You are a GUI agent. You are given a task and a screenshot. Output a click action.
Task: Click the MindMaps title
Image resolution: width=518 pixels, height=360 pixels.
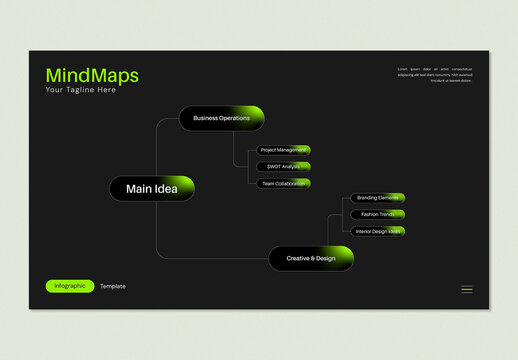[x=92, y=76]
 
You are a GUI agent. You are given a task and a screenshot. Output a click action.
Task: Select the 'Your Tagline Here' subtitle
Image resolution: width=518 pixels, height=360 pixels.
[x=81, y=90]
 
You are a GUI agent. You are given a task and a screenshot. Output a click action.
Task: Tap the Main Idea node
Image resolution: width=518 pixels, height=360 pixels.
[x=152, y=188]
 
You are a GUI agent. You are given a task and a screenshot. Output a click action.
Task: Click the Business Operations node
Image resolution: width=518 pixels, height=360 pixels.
[x=221, y=118]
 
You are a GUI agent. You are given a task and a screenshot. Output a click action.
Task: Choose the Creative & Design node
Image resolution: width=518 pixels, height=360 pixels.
[x=311, y=258]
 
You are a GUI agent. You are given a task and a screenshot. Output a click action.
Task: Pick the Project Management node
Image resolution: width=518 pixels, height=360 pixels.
[x=283, y=150]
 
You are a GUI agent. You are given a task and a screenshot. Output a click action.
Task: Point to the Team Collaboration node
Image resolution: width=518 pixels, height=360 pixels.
[x=283, y=183]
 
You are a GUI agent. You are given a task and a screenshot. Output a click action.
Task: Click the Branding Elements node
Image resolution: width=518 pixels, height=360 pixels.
[x=377, y=198]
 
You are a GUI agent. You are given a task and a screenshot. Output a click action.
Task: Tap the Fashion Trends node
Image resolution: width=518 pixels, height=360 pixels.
[x=377, y=214]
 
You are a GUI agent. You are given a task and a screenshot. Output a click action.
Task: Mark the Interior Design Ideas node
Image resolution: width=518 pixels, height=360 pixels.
[x=377, y=231]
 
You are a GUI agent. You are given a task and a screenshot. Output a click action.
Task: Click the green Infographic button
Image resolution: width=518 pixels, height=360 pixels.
[x=70, y=286]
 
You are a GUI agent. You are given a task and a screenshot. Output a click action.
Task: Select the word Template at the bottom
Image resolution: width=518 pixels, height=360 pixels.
[x=113, y=286]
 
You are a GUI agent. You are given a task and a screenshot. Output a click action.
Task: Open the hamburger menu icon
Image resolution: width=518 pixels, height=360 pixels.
[x=467, y=289]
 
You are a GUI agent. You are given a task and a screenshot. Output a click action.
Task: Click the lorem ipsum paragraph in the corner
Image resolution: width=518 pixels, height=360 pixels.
[x=435, y=75]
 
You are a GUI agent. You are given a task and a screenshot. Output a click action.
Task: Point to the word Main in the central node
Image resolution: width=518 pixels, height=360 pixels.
[x=138, y=188]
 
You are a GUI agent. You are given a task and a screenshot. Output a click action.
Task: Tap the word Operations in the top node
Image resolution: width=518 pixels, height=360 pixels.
[x=235, y=118]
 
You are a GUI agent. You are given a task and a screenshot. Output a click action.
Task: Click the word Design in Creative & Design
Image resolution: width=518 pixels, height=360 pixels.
[x=325, y=258]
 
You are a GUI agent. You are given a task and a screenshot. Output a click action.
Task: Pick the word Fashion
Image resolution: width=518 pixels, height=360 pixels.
[x=369, y=214]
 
